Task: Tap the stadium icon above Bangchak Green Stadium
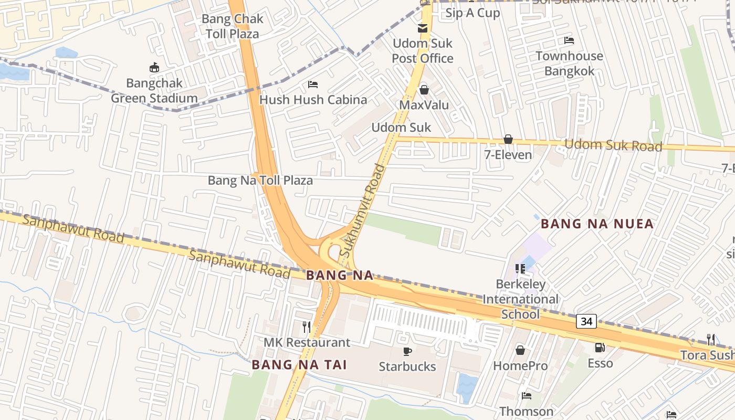154,67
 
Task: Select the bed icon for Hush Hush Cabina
313,85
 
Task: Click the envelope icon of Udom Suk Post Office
423,28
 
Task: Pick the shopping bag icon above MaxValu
424,90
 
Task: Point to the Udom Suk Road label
613,145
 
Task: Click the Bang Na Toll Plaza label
260,181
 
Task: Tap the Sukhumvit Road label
362,211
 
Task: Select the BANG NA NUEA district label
597,224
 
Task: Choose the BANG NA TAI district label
299,365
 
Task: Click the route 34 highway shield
586,321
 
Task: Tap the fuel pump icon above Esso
599,348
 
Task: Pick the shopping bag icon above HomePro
520,350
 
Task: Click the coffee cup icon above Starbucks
407,351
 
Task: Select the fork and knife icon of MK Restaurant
307,327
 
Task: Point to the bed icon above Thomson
526,396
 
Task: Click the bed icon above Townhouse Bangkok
569,40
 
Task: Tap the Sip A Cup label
472,13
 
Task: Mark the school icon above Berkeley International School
520,269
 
